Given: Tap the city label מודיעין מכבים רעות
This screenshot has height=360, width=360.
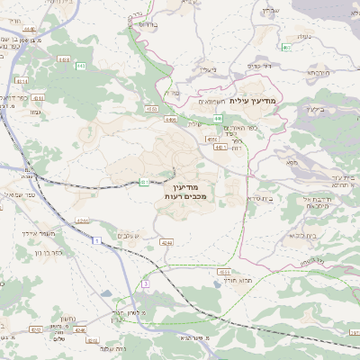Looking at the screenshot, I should (x=187, y=190).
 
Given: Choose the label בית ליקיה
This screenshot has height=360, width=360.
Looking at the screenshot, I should (x=301, y=236).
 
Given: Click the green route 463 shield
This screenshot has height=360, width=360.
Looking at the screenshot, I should (x=285, y=45).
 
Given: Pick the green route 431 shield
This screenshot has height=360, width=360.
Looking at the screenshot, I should (x=144, y=182).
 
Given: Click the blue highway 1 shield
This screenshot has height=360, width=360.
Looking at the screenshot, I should (x=95, y=238).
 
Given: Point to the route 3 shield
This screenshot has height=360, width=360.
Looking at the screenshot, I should (x=143, y=284).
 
